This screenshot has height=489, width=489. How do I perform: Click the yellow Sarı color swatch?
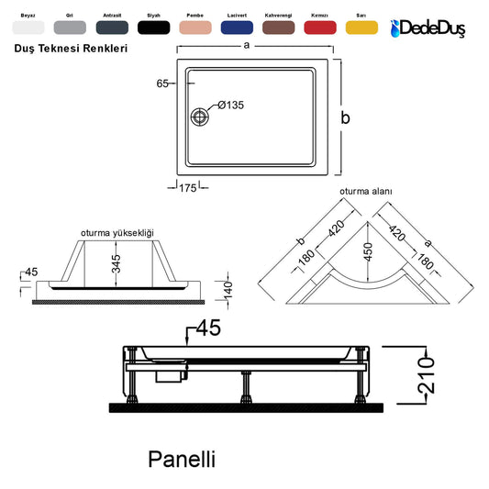(361, 28)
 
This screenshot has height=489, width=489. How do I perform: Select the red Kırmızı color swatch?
(320, 28)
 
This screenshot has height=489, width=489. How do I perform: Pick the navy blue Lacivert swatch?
(237, 28)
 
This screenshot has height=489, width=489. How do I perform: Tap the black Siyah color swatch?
(154, 28)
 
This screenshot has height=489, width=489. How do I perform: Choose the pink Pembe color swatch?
(195, 28)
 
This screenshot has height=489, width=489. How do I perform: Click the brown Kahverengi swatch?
(279, 28)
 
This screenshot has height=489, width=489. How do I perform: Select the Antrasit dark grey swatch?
(112, 28)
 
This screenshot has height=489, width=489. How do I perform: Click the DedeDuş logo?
(428, 28)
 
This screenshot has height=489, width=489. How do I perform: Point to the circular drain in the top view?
(200, 117)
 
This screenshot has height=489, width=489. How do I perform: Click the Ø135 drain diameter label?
(231, 106)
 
